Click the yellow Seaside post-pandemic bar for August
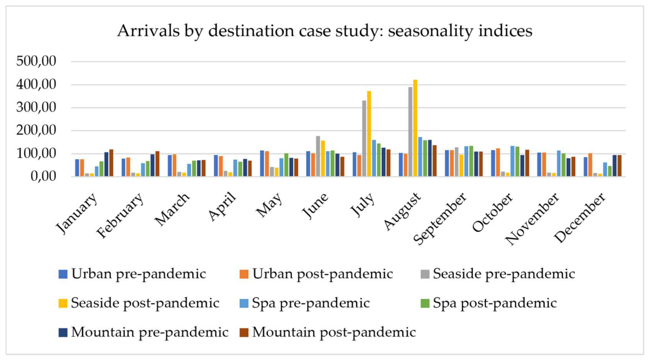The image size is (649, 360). point(415,128)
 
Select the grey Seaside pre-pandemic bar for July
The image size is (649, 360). point(364,138)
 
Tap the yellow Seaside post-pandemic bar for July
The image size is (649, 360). point(369,134)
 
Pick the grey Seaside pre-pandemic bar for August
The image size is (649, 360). point(410,132)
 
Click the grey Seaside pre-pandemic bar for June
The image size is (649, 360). point(318,156)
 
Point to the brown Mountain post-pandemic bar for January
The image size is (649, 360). point(111,163)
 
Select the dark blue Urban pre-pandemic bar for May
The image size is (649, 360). point(262,164)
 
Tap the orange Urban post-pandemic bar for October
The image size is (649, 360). point(498,162)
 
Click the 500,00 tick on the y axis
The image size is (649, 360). point(36,61)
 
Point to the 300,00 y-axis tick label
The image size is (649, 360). point(36,107)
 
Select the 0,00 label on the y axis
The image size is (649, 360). point(43,176)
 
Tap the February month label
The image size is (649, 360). point(120,216)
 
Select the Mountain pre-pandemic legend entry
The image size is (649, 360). point(144,332)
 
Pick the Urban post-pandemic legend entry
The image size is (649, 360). point(316,274)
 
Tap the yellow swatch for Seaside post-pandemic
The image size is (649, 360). point(63,303)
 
